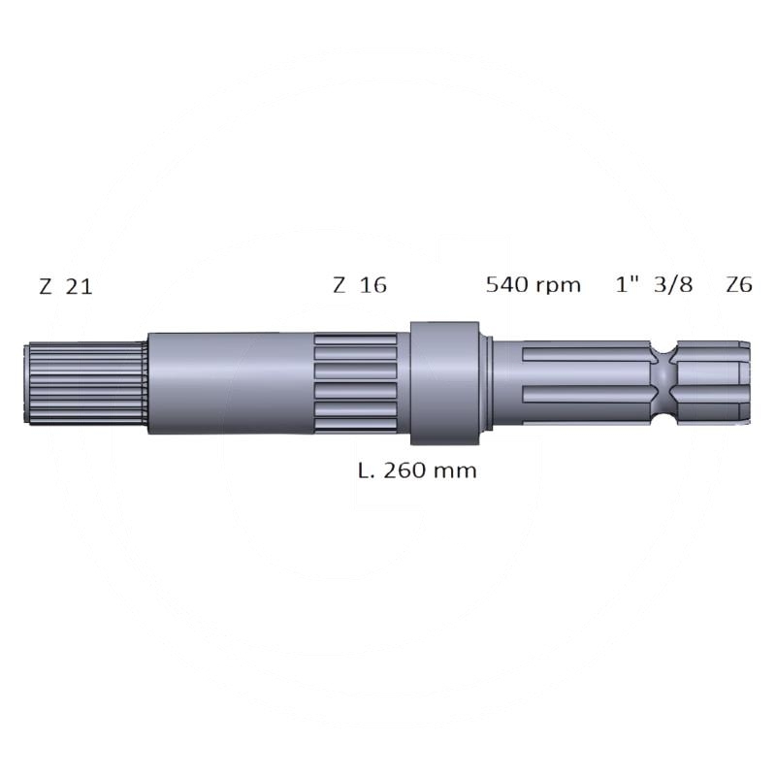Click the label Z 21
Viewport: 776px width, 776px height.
point(65,286)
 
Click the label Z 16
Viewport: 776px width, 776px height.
point(359,285)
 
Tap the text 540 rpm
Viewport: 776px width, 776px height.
point(533,284)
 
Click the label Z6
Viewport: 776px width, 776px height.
point(739,284)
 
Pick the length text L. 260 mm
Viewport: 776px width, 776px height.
point(418,471)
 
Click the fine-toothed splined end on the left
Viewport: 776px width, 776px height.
point(84,382)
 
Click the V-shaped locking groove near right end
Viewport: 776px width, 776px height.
point(663,382)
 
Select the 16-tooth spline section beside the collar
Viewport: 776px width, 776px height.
point(354,382)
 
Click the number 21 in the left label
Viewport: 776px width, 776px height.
point(80,286)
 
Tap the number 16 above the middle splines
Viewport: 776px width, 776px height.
point(372,285)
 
